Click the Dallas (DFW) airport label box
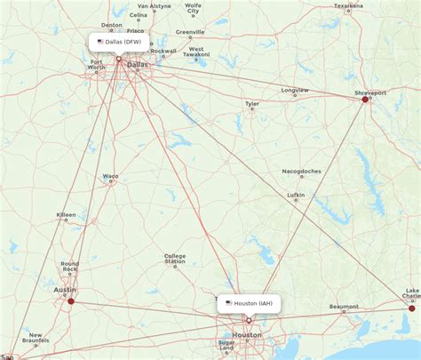point(119,41)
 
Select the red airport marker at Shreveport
point(365,100)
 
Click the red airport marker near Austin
point(71,300)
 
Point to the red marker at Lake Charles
point(411,308)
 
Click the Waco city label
point(110,176)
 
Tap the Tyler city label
point(253,103)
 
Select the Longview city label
point(295,90)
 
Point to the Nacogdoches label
point(302,171)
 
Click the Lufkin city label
point(296,195)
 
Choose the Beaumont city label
point(344,307)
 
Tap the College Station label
point(175,259)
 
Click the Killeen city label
point(66,214)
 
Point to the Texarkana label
point(348,5)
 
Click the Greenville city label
point(189,32)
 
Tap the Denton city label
point(112,25)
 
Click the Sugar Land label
point(227,345)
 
